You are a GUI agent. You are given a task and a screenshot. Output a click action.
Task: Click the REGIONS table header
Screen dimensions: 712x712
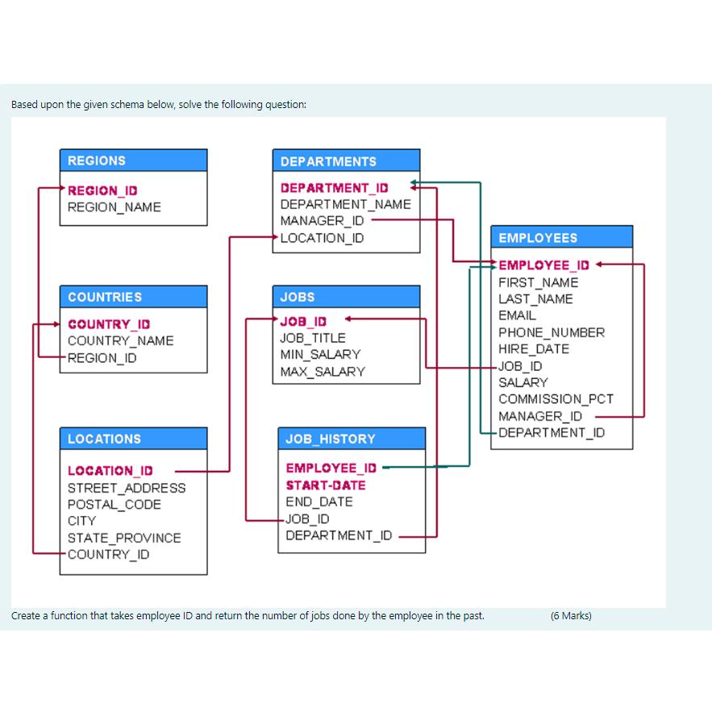(x=133, y=160)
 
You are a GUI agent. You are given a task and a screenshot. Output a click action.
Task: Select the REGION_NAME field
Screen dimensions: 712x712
(x=114, y=207)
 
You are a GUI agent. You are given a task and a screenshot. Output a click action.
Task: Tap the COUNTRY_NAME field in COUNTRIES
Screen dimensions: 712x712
(x=120, y=341)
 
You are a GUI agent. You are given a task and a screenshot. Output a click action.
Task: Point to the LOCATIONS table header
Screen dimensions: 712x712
(x=133, y=439)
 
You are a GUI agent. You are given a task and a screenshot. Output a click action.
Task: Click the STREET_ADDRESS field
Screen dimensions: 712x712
(x=126, y=488)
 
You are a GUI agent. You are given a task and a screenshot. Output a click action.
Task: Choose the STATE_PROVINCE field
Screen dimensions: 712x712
(x=123, y=538)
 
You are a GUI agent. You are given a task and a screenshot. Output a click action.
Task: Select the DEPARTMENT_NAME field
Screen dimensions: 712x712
(x=345, y=204)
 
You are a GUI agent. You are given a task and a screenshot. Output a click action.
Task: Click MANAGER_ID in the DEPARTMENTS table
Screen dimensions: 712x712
(x=322, y=221)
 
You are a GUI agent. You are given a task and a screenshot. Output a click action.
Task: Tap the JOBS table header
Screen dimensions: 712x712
(x=346, y=297)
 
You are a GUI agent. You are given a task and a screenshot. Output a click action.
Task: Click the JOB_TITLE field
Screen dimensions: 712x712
(x=312, y=338)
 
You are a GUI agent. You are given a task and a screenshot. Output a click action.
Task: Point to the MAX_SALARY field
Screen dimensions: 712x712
(x=322, y=372)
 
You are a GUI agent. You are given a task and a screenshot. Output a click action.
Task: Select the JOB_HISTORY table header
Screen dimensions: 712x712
(x=351, y=439)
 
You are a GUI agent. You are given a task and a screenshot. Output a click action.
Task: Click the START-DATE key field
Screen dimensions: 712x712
(x=325, y=485)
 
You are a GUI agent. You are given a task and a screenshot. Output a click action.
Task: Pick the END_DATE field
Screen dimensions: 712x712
(x=319, y=502)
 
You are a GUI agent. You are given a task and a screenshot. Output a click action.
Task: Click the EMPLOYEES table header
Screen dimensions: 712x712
(x=561, y=238)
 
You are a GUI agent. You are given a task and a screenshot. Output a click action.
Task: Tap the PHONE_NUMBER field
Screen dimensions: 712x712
(x=551, y=332)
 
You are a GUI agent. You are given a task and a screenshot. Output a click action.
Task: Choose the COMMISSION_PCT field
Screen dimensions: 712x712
(x=556, y=399)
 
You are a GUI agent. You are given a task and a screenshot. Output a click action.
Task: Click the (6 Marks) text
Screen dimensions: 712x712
(x=570, y=616)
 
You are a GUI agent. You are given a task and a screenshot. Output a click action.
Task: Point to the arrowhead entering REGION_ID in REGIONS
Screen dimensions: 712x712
(x=60, y=190)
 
